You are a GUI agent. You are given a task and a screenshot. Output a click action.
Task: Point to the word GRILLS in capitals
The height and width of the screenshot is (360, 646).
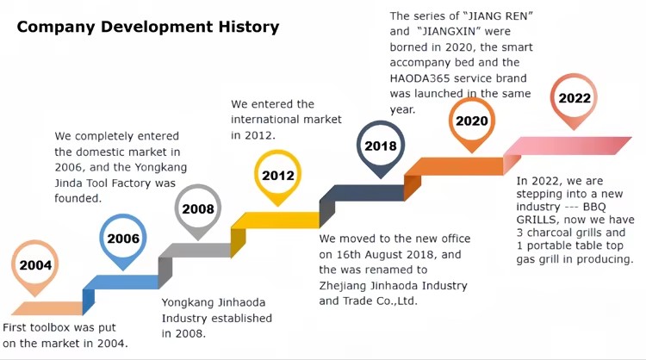coord(537,220)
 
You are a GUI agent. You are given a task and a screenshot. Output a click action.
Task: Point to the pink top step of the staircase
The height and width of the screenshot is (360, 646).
coord(568,146)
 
